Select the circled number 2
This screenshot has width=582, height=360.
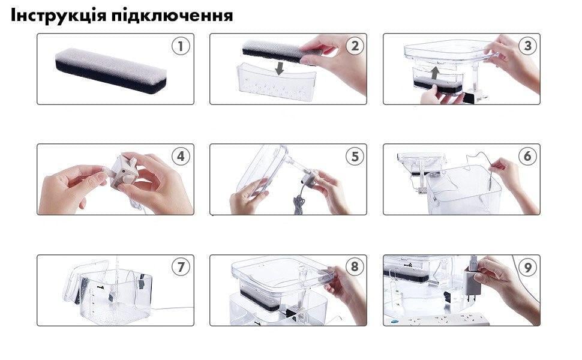(x=355, y=46)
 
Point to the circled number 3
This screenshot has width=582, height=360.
(x=527, y=46)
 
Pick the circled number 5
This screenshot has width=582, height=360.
(x=355, y=157)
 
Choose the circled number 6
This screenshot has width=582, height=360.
(x=527, y=157)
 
